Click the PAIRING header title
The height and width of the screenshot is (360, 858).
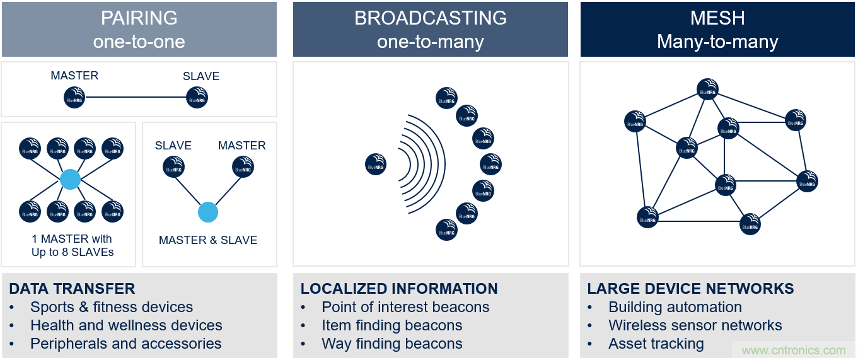point(139,18)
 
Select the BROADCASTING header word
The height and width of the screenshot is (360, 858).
point(430,18)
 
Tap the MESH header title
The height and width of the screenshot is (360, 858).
point(717,18)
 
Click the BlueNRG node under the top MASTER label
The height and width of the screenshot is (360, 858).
point(74,98)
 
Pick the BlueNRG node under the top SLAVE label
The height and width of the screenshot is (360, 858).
point(197,98)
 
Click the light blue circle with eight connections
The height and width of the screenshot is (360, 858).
point(70,180)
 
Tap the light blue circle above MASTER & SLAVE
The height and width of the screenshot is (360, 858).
point(207,212)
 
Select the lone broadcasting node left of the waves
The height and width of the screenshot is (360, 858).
point(376,165)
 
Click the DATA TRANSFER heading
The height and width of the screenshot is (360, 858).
point(72,289)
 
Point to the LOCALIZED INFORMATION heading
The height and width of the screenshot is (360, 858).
point(399,289)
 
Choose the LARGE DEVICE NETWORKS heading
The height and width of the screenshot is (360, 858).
point(690,289)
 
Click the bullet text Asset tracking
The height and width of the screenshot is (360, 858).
point(656,344)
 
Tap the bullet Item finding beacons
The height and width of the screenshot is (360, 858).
point(391,325)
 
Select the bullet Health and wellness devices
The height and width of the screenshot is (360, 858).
point(126,325)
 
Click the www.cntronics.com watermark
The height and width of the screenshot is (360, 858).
point(794,351)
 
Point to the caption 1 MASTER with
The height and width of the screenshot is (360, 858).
point(72,239)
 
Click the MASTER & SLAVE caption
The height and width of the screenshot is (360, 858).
point(208,240)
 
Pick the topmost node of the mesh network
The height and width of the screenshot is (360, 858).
point(707,90)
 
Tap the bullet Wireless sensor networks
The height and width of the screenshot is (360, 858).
point(695,325)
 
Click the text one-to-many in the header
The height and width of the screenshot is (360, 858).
point(430,42)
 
